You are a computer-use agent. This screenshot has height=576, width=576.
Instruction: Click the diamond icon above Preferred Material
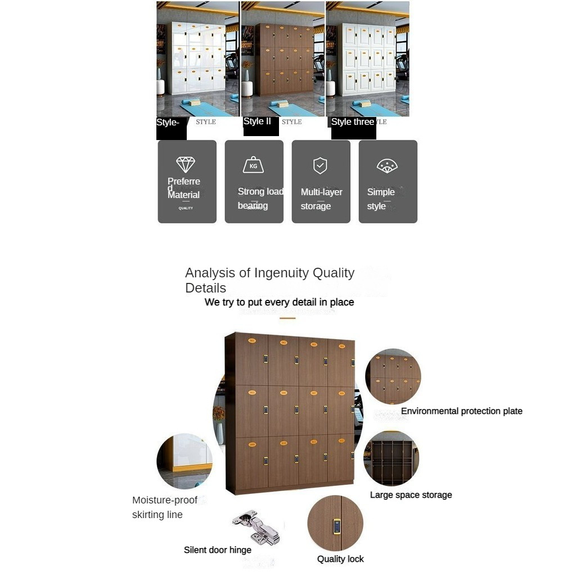186,164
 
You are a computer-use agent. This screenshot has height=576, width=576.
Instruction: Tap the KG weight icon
253,165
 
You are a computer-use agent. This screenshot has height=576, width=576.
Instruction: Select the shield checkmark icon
320,165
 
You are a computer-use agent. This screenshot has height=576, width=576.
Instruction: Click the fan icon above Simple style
387,165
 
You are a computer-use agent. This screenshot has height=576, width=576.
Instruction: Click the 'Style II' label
257,121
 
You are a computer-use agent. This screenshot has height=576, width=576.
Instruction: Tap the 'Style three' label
352,122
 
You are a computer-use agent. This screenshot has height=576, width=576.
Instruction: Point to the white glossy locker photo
197,59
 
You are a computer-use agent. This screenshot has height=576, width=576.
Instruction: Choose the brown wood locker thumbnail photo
282,59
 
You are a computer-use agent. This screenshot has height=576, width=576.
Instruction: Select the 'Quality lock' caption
340,559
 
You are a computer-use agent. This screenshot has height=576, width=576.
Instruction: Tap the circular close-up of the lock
335,523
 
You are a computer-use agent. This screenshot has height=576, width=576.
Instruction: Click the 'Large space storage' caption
411,495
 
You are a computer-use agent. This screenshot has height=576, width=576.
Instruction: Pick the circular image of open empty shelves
391,458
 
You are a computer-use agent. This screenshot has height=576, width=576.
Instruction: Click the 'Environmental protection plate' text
461,411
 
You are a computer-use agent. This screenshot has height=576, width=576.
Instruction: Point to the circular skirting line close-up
184,461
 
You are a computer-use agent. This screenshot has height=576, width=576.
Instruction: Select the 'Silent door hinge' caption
218,550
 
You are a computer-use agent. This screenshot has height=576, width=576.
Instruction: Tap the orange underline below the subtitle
287,318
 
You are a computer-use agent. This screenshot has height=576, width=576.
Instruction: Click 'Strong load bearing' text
260,199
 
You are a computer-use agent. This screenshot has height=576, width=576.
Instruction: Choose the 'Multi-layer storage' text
321,199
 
